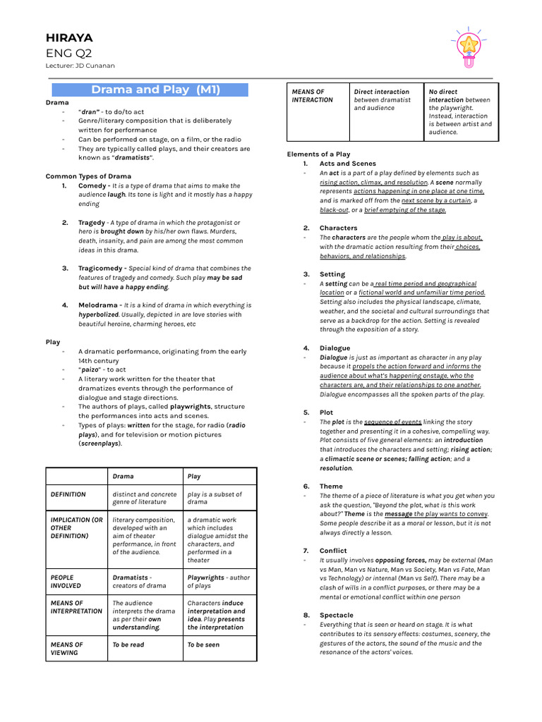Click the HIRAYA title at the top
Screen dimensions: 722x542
pos(69,38)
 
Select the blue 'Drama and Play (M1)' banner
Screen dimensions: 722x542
pos(156,90)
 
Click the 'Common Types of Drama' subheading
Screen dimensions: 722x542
pos(88,176)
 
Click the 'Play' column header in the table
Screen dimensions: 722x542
pos(194,476)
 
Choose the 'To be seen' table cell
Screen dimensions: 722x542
pos(203,644)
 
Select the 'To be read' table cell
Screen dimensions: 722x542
pos(128,644)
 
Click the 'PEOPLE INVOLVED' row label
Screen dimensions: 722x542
pos(66,581)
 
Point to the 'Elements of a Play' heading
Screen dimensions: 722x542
pos(318,154)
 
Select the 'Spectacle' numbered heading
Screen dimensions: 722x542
pos(336,615)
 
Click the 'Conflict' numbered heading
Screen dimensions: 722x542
pos(333,550)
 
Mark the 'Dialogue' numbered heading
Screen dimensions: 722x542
pos(335,348)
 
